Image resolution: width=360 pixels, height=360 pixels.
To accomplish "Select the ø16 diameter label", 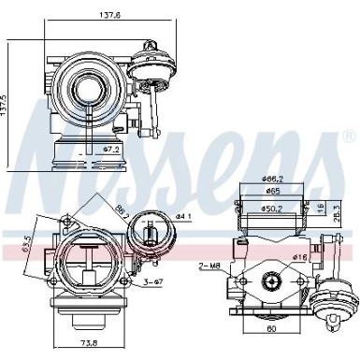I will pos(302,255).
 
